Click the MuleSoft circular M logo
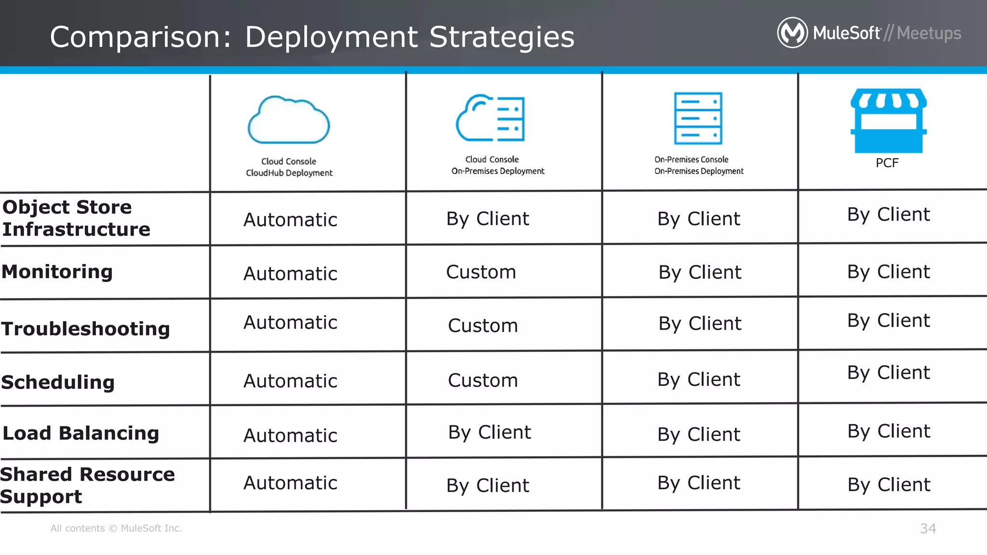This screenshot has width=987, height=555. (792, 33)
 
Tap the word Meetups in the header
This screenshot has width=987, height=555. (929, 33)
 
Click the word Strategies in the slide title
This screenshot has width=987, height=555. (502, 37)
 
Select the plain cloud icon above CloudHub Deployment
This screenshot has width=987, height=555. (289, 120)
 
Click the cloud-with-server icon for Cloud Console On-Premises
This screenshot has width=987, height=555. (491, 118)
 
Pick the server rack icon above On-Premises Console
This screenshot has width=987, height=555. (698, 118)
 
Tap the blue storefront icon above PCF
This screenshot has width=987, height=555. (888, 120)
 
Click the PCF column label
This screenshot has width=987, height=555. (887, 163)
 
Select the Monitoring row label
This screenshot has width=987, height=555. (57, 272)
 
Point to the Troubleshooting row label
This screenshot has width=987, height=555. (86, 329)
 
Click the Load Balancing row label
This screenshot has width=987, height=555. (81, 433)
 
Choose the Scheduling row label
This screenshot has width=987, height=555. (58, 382)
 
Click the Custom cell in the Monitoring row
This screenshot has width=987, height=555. (481, 272)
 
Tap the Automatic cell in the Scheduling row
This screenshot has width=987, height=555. (290, 381)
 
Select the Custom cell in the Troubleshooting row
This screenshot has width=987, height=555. (483, 326)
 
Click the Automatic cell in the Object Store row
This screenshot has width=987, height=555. (290, 220)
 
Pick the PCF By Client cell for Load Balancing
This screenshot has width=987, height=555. (889, 431)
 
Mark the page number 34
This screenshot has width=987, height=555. (928, 529)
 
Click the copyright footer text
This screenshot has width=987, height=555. (116, 529)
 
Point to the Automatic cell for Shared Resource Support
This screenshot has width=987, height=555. (290, 483)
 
